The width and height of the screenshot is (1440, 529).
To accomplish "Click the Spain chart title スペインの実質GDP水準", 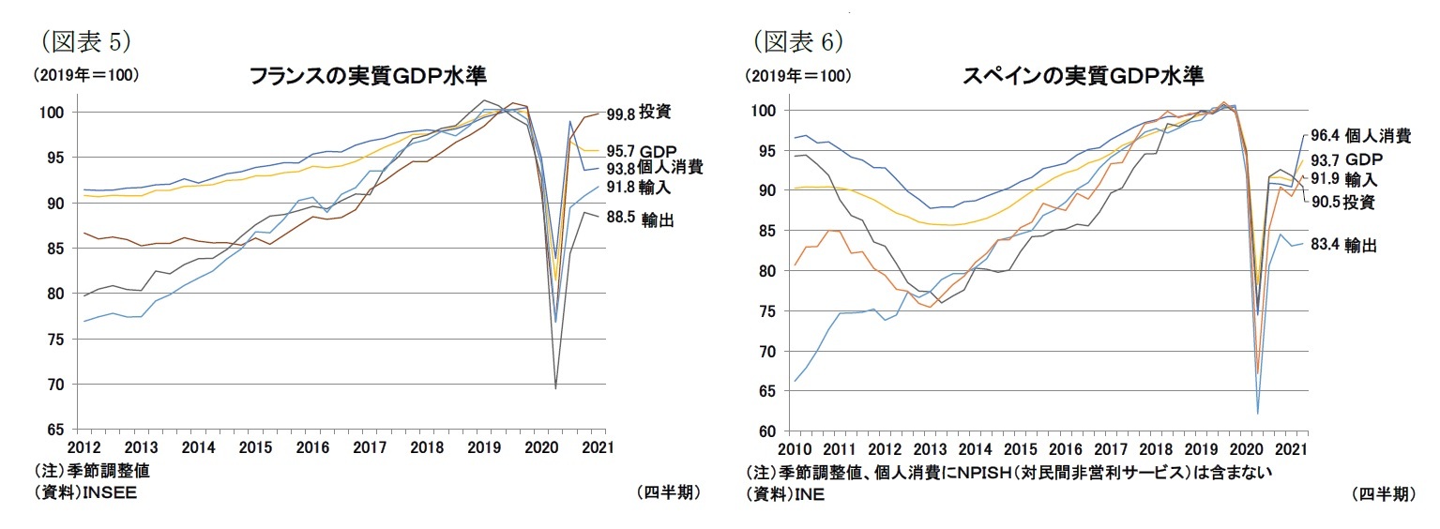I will tap(1083, 76).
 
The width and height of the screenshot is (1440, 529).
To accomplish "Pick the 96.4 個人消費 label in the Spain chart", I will tap(1359, 136).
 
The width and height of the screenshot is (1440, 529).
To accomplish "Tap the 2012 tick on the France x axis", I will tap(83, 446).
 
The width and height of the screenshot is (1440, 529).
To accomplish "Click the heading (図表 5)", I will tap(83, 40).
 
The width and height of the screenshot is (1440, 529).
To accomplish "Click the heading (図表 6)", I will tap(798, 40).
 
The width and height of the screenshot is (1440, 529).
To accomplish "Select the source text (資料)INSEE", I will tap(84, 494).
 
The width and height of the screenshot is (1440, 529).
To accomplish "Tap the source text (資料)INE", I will tap(784, 494).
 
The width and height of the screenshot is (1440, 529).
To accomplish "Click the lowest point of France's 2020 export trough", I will tap(555, 388).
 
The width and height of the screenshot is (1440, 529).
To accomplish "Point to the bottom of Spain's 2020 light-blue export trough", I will tap(1257, 414).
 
